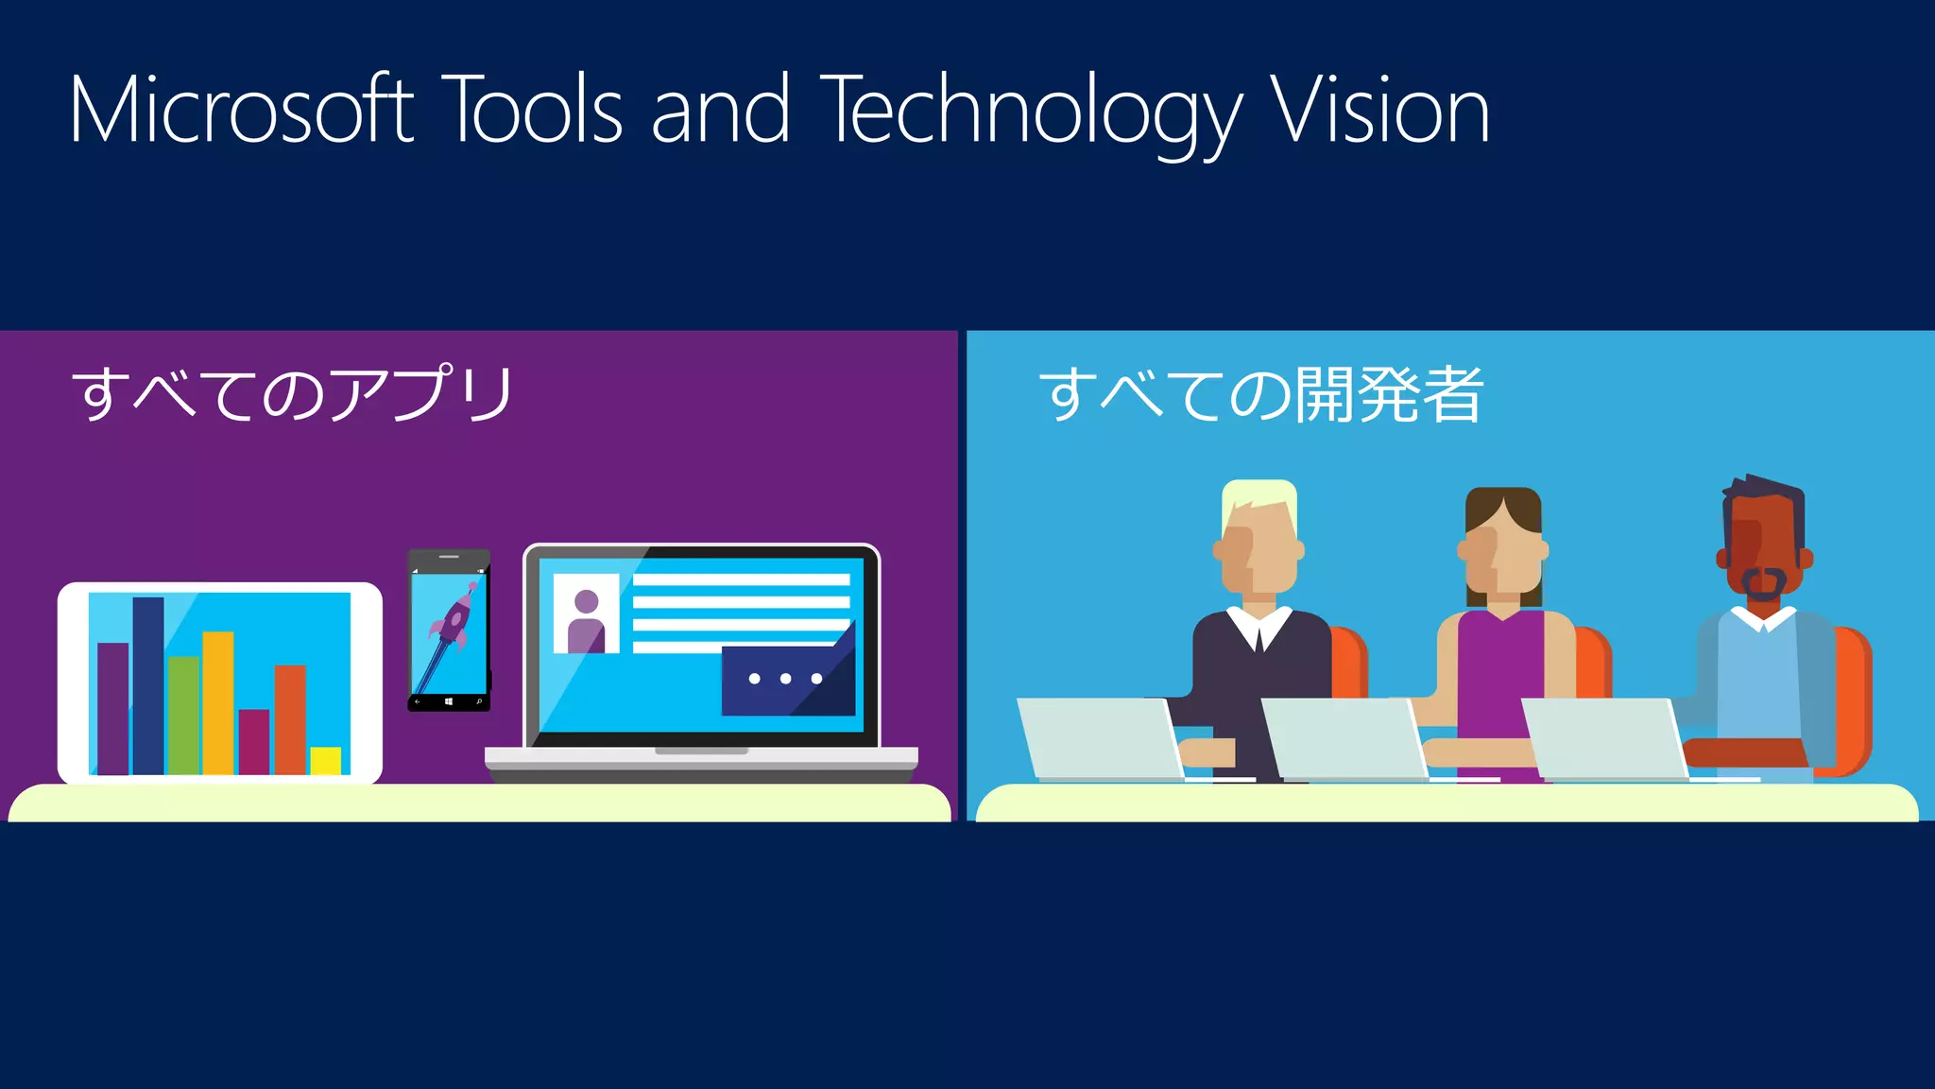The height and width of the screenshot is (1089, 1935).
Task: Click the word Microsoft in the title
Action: tap(241, 111)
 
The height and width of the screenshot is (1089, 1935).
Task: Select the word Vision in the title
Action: tap(1379, 111)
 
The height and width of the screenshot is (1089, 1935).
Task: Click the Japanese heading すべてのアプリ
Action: tap(293, 393)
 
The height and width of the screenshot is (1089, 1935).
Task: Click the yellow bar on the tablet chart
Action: tap(326, 761)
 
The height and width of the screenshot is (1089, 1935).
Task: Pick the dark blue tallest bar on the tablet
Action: tap(148, 685)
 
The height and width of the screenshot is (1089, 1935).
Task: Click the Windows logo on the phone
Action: tap(449, 702)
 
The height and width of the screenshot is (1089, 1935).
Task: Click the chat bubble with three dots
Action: tap(786, 680)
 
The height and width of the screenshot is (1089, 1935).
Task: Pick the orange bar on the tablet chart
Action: tap(290, 718)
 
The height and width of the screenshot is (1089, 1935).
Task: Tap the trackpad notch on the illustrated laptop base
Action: tap(701, 751)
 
